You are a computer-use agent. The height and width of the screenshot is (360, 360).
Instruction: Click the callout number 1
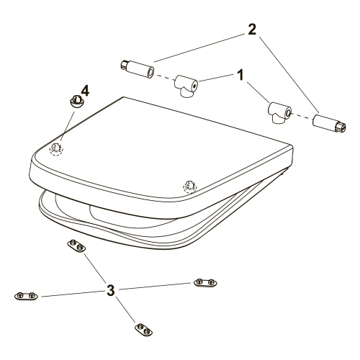[240, 75]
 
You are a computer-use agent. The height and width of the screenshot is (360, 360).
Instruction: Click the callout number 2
[252, 30]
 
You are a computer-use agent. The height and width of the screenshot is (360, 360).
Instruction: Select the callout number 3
[111, 290]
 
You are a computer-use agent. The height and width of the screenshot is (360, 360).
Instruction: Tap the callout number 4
[85, 91]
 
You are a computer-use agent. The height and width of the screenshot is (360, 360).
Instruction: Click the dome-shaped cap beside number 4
[76, 102]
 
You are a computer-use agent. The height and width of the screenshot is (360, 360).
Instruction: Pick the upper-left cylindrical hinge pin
[138, 69]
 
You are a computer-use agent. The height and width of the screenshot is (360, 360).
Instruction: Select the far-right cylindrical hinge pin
[329, 124]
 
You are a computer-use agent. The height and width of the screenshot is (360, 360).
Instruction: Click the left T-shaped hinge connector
[186, 86]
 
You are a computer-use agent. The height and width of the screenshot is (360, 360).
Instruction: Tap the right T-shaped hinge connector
[280, 112]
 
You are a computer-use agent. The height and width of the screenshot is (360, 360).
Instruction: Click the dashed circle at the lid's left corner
[56, 150]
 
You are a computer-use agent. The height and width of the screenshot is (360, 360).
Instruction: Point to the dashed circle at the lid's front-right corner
[190, 186]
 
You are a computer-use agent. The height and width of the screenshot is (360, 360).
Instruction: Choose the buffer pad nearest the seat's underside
[76, 246]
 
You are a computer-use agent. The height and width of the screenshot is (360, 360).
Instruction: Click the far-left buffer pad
[26, 296]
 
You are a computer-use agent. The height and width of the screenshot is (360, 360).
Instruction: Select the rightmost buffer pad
[205, 282]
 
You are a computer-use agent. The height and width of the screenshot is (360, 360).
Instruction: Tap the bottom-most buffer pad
[143, 330]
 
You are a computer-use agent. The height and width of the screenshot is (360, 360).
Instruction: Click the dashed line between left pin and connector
[165, 78]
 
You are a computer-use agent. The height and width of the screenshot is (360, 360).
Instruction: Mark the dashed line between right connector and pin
[302, 116]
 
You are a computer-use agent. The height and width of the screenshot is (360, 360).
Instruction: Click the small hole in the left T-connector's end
[194, 85]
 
